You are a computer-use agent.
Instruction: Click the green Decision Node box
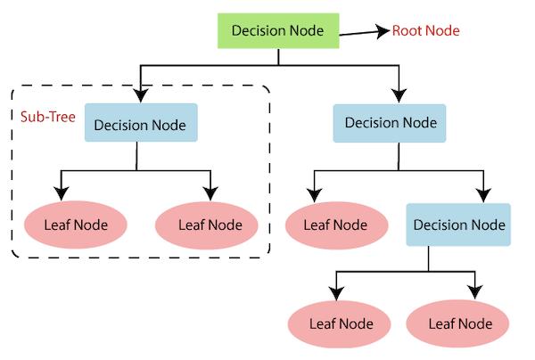click(x=278, y=30)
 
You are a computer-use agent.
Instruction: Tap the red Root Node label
click(x=426, y=31)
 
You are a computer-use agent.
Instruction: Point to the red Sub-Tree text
click(x=47, y=116)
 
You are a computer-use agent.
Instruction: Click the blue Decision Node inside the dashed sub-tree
click(x=141, y=124)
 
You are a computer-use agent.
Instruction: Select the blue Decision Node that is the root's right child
click(x=389, y=123)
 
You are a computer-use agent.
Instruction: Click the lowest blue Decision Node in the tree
click(x=458, y=225)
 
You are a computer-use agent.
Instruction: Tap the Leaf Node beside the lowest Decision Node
click(x=335, y=224)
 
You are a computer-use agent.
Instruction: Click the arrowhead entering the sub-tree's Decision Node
click(x=141, y=94)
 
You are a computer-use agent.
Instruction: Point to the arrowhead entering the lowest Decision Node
click(x=483, y=194)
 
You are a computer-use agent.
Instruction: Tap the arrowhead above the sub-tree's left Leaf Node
click(x=62, y=193)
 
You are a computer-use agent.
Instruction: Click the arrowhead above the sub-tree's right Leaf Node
click(x=210, y=193)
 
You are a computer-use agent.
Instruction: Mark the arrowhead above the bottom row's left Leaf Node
click(x=335, y=293)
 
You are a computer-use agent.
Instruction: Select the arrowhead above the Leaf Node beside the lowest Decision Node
click(x=313, y=193)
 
